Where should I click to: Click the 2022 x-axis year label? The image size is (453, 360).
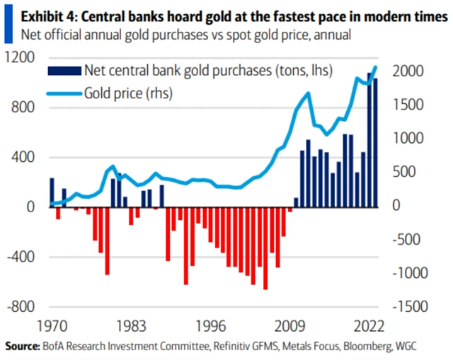[x=371, y=327]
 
